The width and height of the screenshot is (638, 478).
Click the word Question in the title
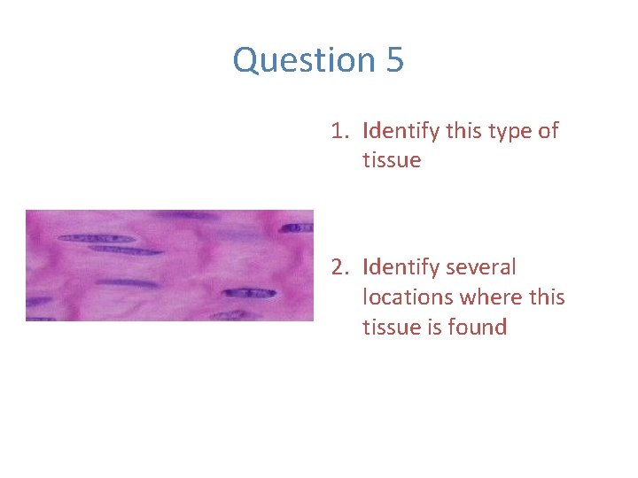pos(292,60)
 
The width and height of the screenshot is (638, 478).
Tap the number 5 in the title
pos(394,60)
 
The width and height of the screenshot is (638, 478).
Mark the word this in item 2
pos(547,297)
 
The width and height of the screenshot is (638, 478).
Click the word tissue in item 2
pos(391,327)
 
